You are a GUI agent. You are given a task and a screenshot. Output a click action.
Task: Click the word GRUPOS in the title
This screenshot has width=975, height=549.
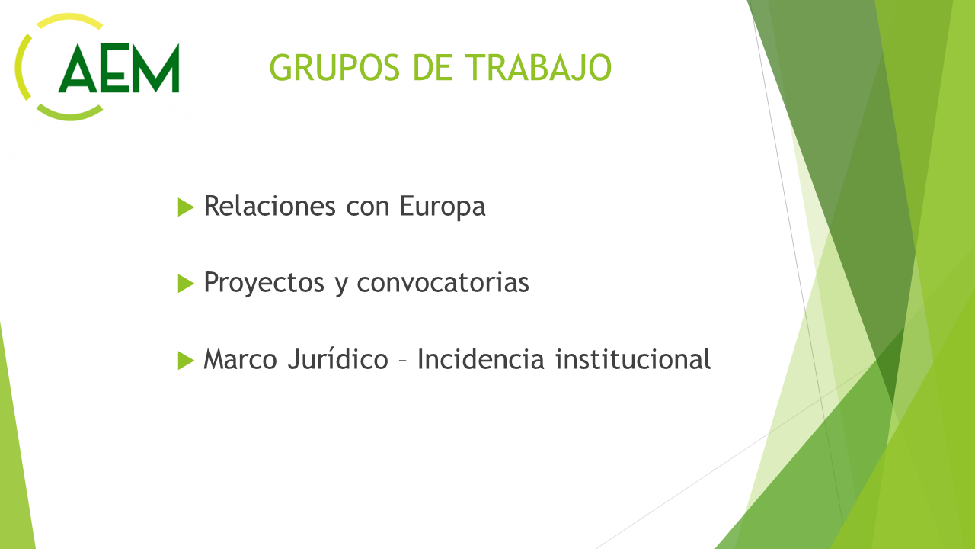click(x=334, y=68)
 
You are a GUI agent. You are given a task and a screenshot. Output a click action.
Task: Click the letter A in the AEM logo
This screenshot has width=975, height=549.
click(x=78, y=68)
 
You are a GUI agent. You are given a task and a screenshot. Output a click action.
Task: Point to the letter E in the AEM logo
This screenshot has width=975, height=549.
click(x=115, y=68)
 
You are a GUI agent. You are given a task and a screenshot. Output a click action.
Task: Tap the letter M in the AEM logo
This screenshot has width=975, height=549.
click(x=156, y=68)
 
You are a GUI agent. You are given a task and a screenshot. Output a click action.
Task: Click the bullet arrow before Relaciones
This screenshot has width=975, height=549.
click(x=186, y=207)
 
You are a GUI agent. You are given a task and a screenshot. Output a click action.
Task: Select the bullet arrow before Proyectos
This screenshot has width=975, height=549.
click(x=186, y=284)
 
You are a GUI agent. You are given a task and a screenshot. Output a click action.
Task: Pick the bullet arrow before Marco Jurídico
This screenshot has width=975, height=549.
click(x=186, y=361)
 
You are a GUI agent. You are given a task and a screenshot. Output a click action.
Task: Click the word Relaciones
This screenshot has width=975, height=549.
click(x=270, y=206)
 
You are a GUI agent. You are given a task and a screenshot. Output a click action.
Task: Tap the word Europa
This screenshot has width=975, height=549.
click(x=443, y=207)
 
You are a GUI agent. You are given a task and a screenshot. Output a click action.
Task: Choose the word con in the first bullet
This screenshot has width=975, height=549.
click(x=368, y=208)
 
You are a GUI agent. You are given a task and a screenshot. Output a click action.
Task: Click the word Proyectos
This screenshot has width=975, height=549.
click(x=264, y=283)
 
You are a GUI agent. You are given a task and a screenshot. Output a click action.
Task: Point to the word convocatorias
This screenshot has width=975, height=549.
click(x=443, y=282)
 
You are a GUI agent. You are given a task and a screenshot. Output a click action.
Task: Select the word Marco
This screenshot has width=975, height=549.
click(x=240, y=359)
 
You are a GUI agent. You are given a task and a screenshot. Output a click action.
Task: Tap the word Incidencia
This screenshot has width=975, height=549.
click(x=481, y=359)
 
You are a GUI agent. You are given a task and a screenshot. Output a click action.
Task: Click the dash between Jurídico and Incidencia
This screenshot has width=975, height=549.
click(x=403, y=361)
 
